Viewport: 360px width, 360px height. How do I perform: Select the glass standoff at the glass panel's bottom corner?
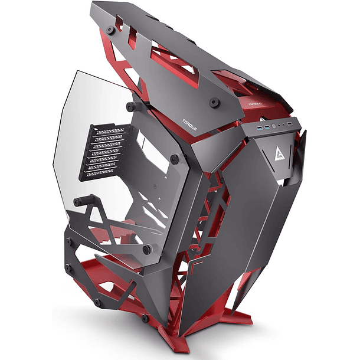tap(147, 248)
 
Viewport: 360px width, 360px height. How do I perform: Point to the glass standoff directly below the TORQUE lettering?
tap(175, 159)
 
